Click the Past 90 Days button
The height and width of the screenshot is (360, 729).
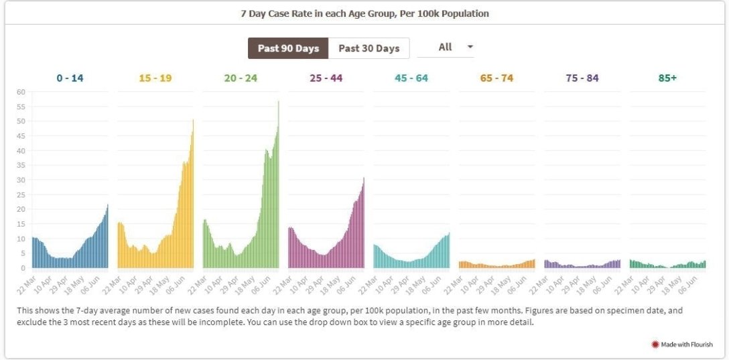click(288, 48)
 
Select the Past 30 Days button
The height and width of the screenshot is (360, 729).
click(369, 48)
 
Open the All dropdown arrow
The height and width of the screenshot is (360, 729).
click(470, 47)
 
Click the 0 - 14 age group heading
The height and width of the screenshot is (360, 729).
click(70, 78)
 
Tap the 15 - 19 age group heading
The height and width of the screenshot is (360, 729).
click(155, 78)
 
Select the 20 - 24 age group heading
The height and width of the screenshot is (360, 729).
click(241, 78)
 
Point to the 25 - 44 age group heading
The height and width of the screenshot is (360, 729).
click(326, 78)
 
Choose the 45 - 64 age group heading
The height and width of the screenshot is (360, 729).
click(411, 78)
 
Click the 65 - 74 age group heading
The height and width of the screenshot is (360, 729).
click(496, 78)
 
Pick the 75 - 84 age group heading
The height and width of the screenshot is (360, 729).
click(582, 78)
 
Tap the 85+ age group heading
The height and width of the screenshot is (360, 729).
click(667, 78)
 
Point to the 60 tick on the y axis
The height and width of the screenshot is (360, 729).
click(21, 92)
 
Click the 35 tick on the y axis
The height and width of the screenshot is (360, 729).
click(21, 166)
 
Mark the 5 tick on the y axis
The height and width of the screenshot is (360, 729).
click(23, 253)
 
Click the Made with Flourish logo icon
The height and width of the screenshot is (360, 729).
click(655, 345)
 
